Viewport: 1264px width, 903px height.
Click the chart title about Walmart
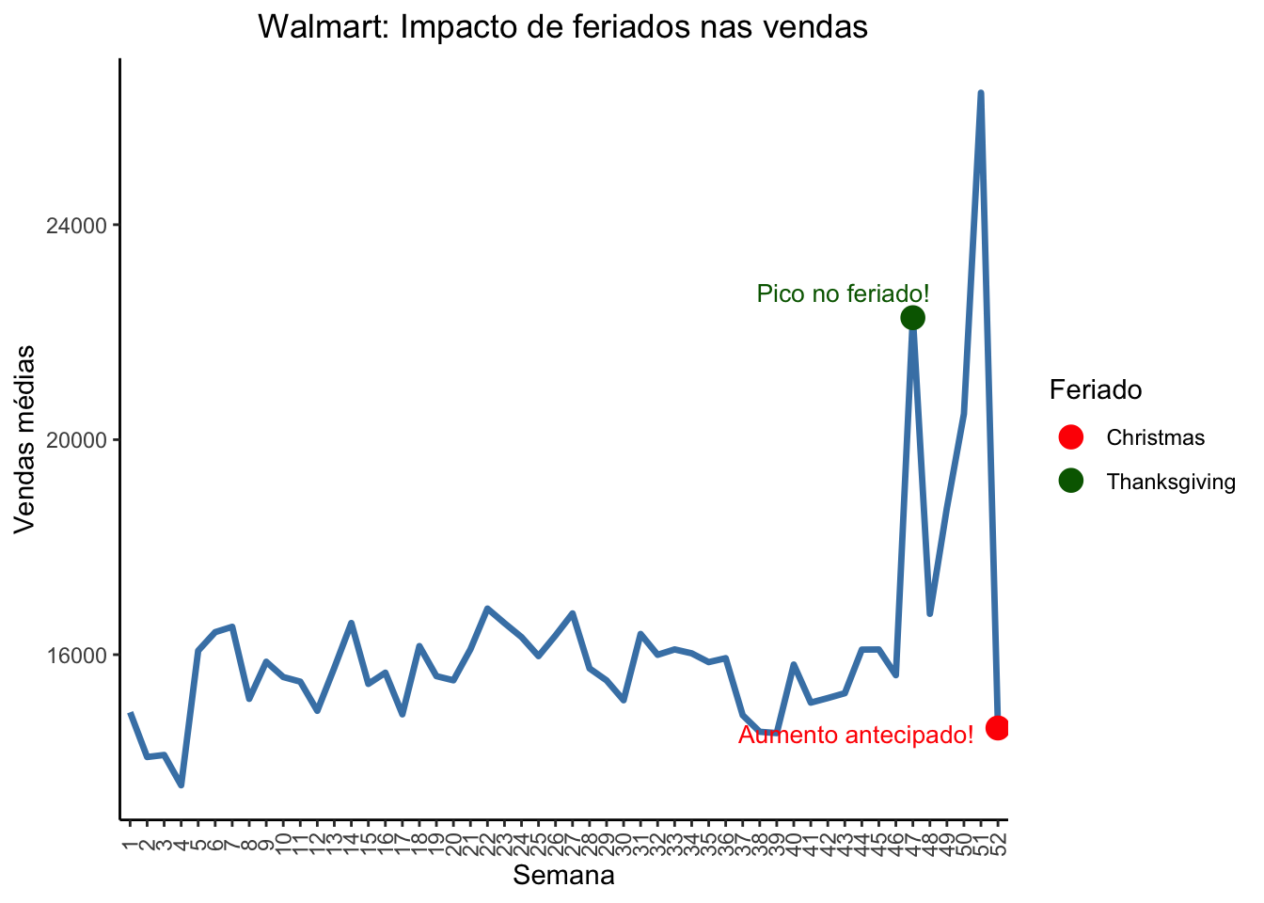tap(562, 27)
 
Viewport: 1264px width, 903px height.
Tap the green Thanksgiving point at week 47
tap(912, 318)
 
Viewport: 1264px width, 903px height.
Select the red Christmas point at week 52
tap(998, 727)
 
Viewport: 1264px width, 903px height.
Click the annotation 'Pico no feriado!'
tap(843, 294)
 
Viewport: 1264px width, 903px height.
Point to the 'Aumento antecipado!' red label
tap(856, 736)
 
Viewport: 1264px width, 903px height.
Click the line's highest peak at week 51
tap(981, 93)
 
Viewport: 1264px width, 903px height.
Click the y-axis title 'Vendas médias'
tap(25, 439)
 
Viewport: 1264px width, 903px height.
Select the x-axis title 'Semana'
tap(563, 876)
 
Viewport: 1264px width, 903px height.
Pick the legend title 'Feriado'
tap(1096, 389)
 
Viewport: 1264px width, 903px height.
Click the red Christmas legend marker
tap(1070, 436)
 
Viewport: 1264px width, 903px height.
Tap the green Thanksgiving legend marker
tap(1070, 481)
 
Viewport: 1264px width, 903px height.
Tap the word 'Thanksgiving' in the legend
tap(1171, 482)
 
